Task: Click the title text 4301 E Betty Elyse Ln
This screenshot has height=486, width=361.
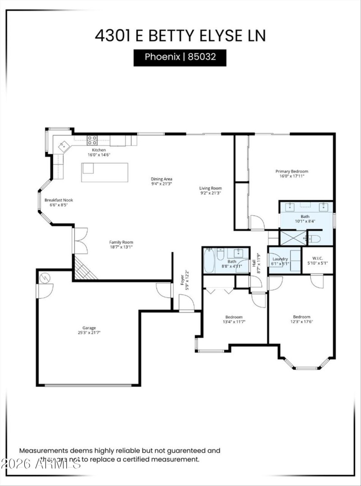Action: [180, 35]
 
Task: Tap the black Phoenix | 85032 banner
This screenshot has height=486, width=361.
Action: [180, 58]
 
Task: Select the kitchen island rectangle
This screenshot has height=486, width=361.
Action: [105, 172]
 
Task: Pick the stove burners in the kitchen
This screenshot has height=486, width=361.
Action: [92, 139]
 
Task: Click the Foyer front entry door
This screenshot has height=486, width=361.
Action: [186, 303]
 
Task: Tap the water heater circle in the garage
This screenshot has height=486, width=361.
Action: [45, 279]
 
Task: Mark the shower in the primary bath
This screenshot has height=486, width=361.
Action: [292, 238]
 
